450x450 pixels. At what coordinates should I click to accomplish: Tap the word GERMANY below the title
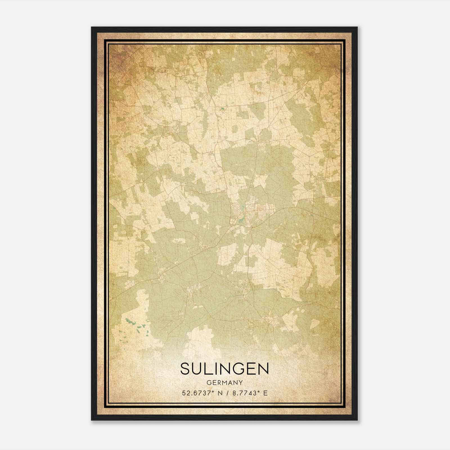pos(224,382)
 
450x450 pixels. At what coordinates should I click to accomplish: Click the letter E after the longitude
pos(265,393)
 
